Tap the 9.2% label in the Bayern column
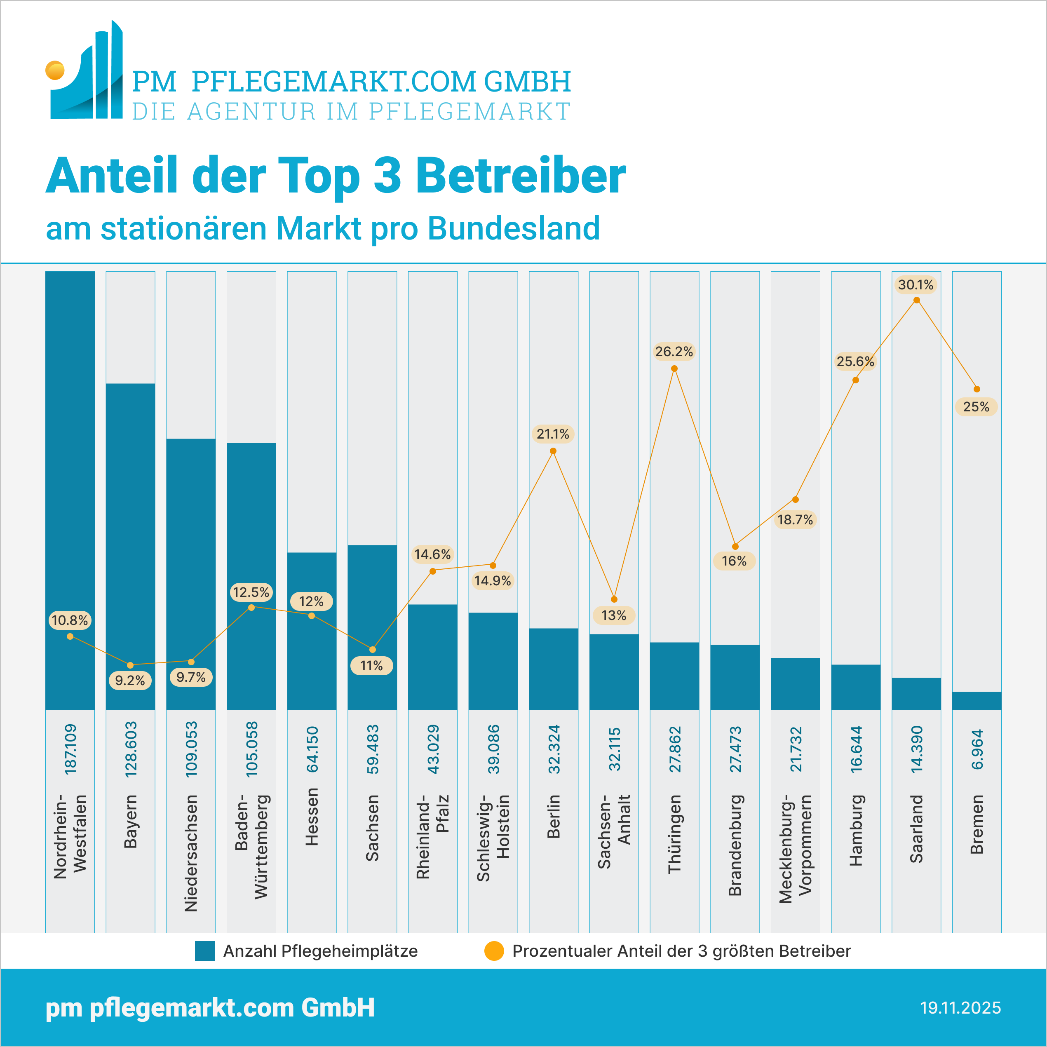coord(130,680)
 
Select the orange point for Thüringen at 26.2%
coord(674,369)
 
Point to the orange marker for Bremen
coord(977,389)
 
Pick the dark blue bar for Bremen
coord(977,701)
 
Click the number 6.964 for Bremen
coord(977,749)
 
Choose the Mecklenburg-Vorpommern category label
coord(796,849)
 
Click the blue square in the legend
coord(205,951)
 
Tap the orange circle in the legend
coord(494,951)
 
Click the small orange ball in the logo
coord(55,70)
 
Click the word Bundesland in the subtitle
coord(513,228)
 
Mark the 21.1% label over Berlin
coord(553,434)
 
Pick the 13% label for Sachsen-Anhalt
coord(613,615)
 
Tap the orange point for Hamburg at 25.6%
coord(856,380)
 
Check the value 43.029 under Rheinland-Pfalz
coord(433,749)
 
